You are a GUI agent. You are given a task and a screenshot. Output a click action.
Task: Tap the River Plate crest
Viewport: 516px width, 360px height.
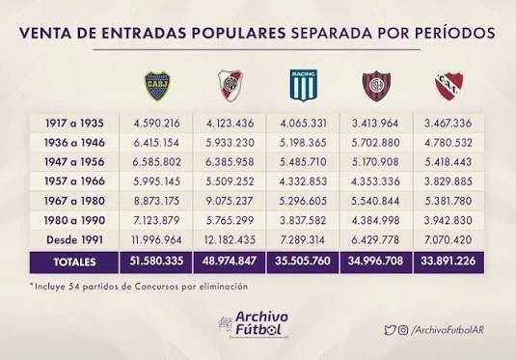click(229, 88)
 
